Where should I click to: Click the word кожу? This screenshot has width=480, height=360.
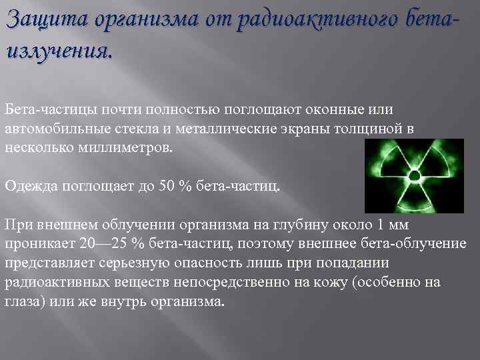(319, 281)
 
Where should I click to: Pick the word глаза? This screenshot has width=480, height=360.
(21, 301)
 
